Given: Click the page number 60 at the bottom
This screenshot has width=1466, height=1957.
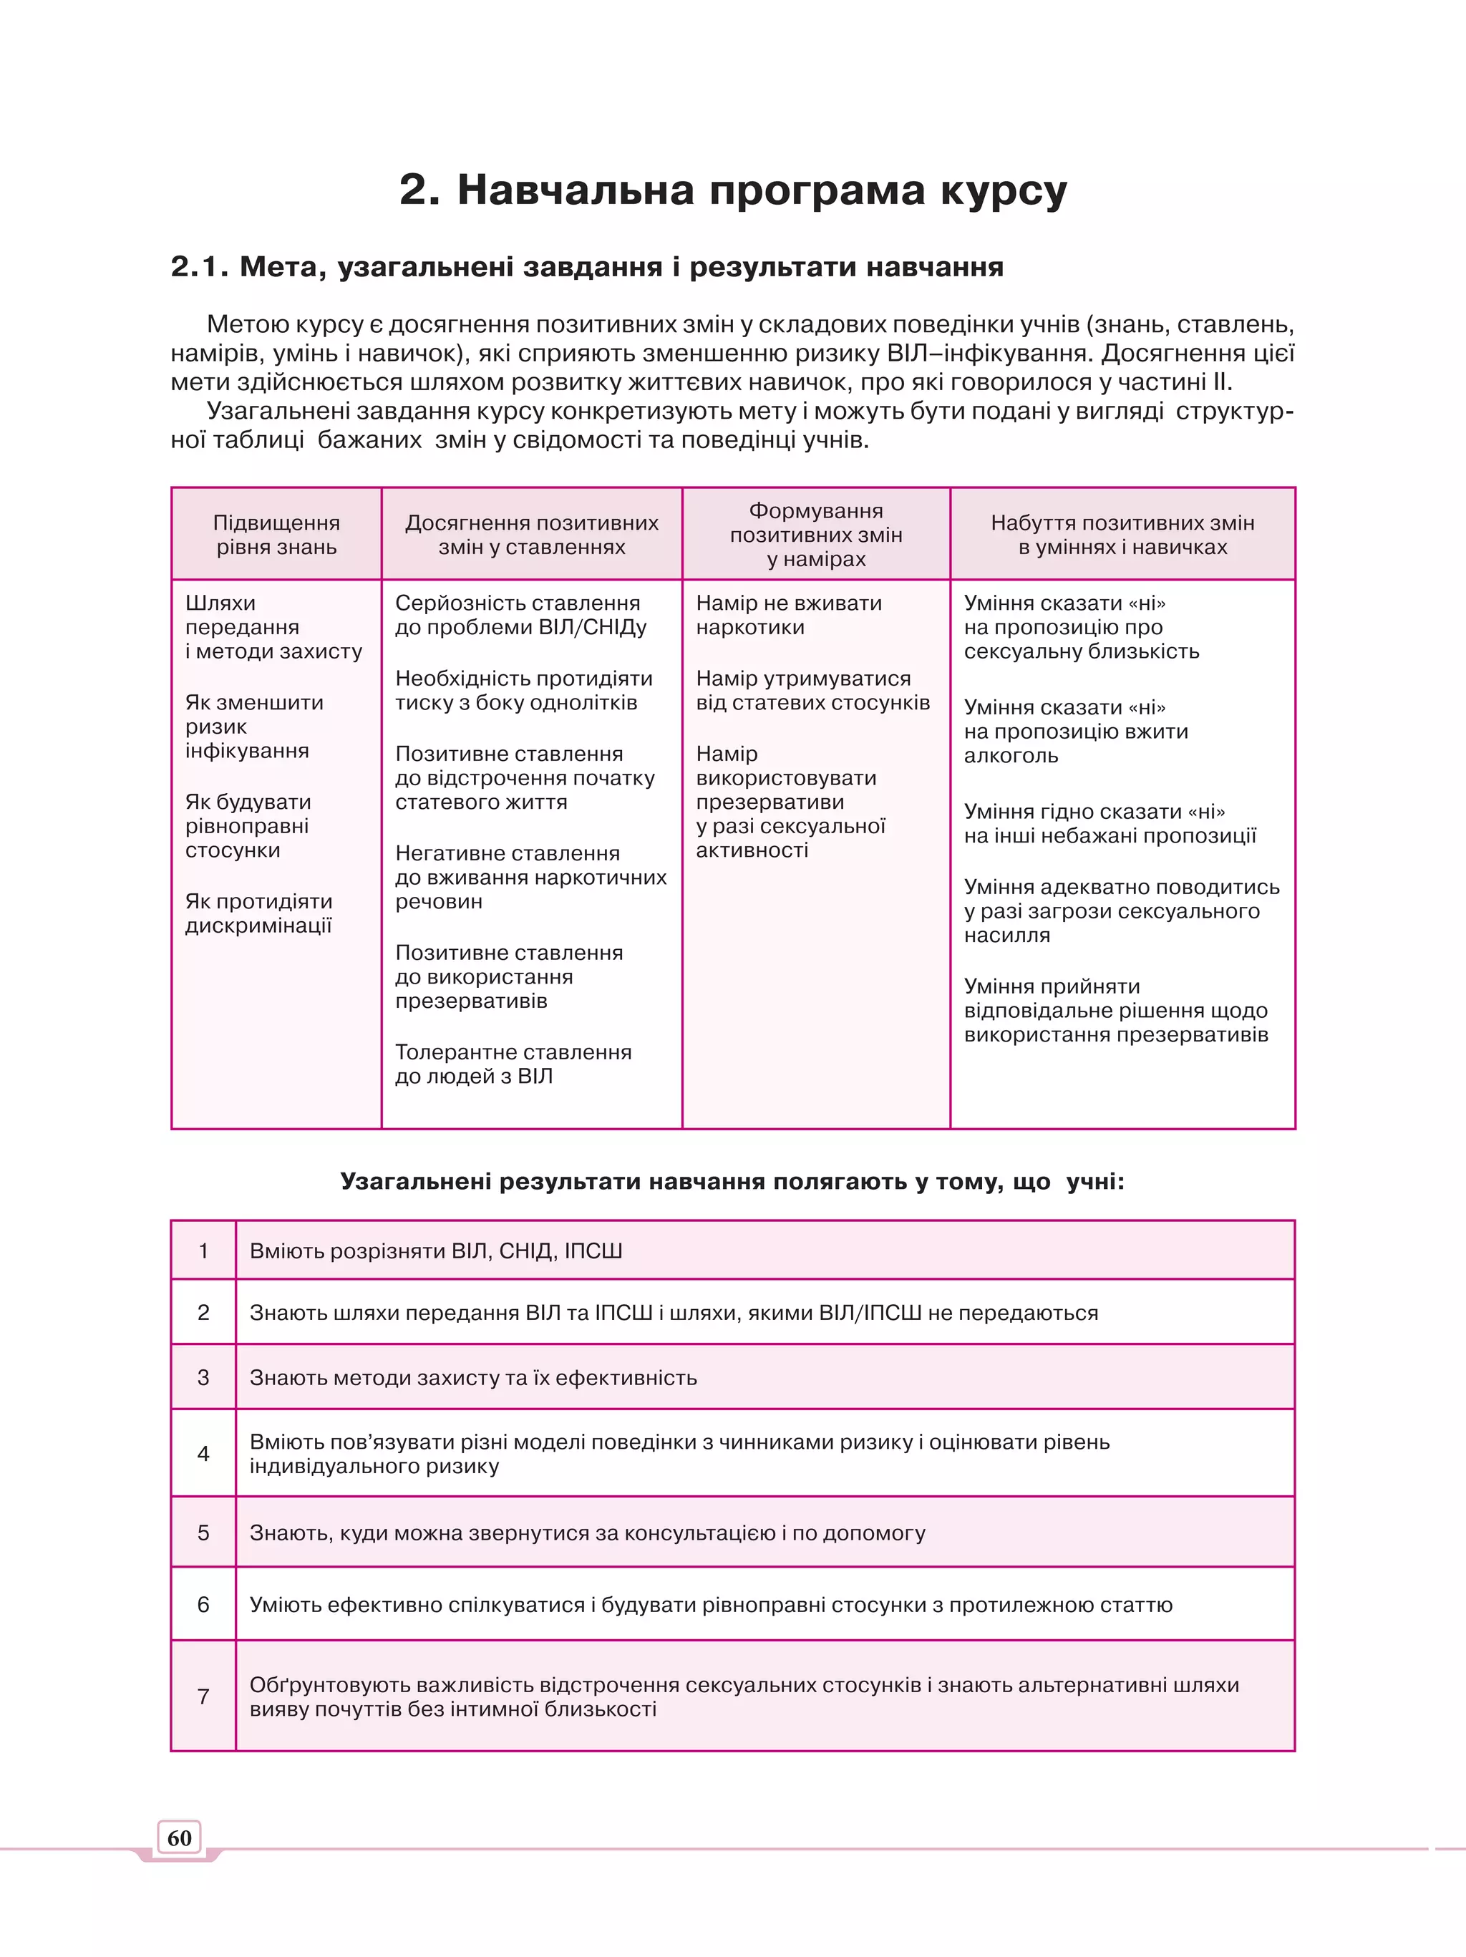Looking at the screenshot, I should point(180,1838).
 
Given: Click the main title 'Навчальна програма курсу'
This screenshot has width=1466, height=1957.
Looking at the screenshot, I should point(734,190).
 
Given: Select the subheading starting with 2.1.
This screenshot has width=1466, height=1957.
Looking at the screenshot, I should point(586,266).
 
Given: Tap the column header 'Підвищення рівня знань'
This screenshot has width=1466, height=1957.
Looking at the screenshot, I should point(276,535).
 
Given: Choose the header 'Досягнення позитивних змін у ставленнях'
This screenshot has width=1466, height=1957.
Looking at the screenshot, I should point(532,535).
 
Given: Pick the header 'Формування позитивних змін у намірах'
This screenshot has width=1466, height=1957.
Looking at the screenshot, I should point(816,535).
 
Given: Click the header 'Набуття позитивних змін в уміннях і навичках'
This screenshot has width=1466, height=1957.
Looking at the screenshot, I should point(1122,535).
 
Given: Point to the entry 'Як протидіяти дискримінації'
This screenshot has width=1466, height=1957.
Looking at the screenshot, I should point(258,913).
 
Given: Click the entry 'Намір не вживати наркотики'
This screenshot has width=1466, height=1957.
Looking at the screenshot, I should point(788,615).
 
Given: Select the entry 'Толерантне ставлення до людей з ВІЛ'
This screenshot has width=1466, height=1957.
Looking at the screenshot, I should point(513,1064).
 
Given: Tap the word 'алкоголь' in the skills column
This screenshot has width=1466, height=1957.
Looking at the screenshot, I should point(1010,756).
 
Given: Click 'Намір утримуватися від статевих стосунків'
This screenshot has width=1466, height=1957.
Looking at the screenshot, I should point(812,690).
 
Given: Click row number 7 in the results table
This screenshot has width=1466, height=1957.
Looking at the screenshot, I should point(203,1696).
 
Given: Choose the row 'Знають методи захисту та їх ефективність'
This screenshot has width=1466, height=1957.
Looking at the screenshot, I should point(472,1377).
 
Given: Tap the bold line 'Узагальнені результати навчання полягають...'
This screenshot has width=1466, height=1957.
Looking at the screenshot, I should point(732,1182).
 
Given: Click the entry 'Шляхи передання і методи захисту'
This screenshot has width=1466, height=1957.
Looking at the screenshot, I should point(273,626).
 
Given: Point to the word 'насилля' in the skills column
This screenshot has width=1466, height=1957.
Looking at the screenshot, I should point(1007,935).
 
